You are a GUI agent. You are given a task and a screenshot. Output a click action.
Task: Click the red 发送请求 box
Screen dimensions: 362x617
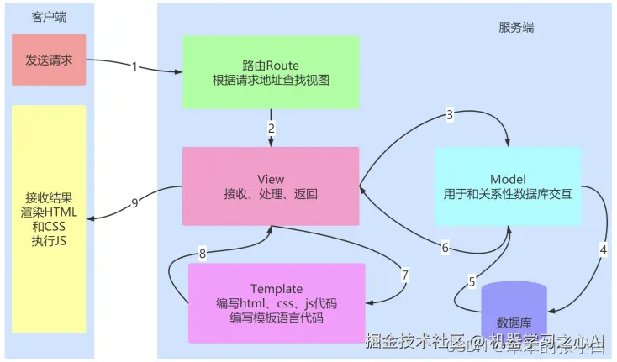point(49,60)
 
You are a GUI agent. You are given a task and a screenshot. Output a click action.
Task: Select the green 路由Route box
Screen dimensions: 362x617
point(270,73)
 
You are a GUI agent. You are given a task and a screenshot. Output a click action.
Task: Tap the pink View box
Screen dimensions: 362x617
point(271,186)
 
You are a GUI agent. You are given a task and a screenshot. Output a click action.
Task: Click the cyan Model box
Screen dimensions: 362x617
point(507,186)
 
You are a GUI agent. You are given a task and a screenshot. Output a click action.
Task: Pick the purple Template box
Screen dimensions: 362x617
point(277,302)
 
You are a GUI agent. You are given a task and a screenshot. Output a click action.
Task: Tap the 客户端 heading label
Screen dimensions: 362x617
point(49,17)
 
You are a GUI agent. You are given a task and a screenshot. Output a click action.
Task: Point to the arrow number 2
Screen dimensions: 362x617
point(271,129)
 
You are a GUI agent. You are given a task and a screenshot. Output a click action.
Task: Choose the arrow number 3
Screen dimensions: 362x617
point(450,114)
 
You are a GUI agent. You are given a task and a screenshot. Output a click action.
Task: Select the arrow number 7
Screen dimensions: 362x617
point(404,275)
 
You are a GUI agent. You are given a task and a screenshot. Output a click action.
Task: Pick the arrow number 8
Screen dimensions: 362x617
point(202,252)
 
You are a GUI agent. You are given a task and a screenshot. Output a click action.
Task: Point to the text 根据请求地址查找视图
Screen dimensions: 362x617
point(270,81)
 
